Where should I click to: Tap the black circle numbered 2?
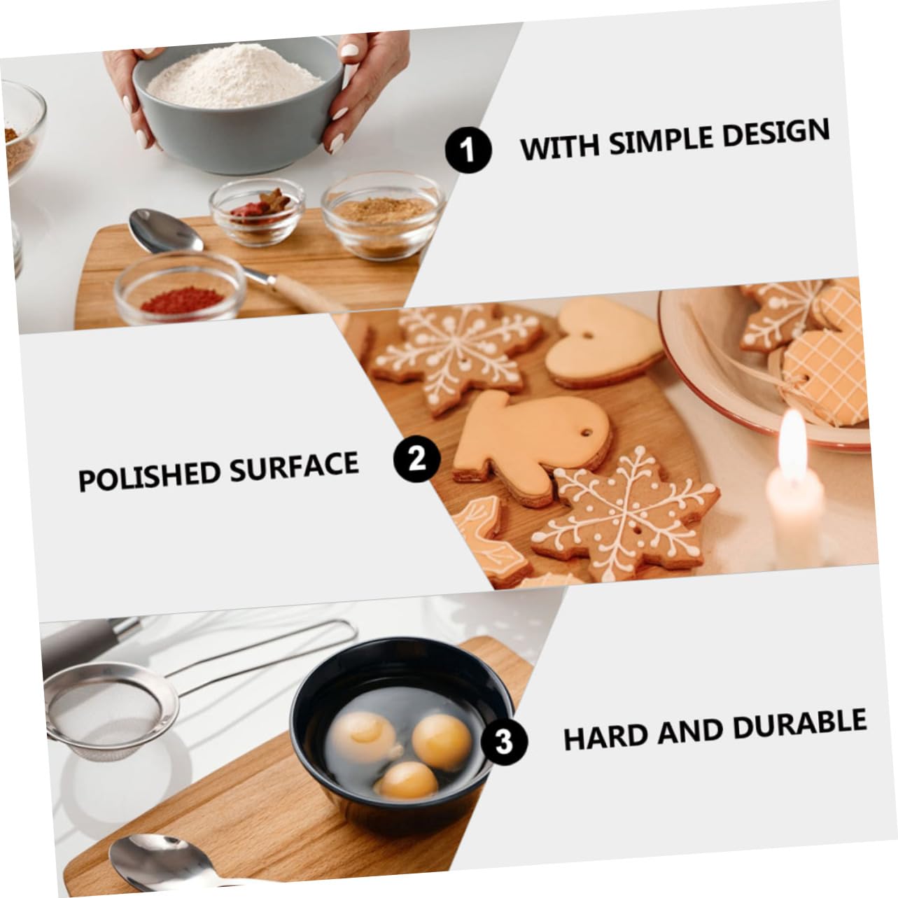tap(416, 460)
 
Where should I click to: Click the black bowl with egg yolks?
tap(395, 741)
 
